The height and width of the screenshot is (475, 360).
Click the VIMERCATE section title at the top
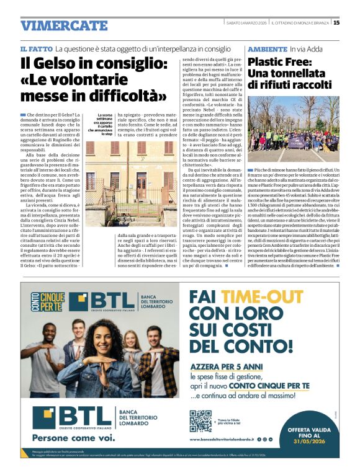[x=64, y=25]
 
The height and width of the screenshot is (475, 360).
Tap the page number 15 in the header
[x=336, y=23]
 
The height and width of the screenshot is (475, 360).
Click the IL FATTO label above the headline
[x=35, y=48]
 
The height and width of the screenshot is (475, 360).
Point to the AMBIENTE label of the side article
[x=266, y=48]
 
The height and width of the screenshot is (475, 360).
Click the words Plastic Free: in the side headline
[x=281, y=62]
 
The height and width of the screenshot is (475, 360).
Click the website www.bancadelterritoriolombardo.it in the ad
[x=238, y=441]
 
